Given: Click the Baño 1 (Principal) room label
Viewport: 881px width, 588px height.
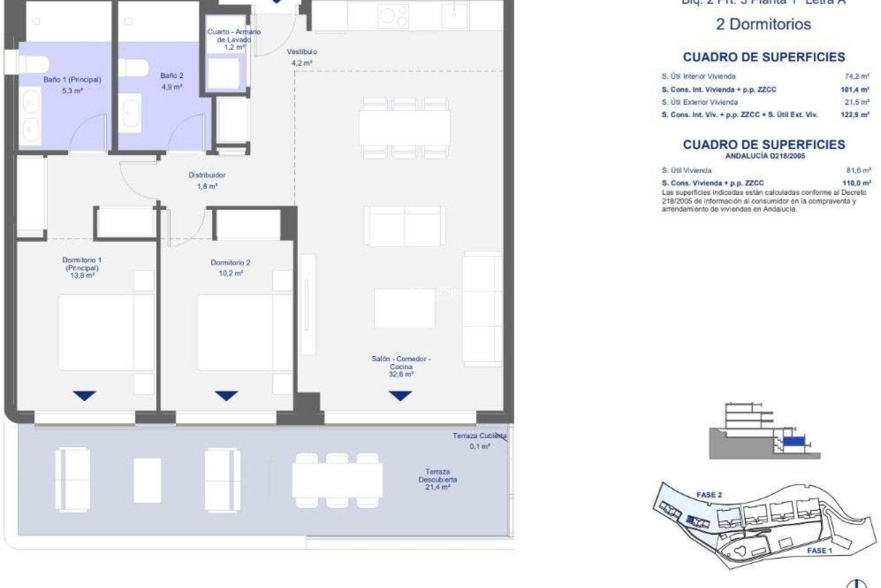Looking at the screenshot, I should (72, 79).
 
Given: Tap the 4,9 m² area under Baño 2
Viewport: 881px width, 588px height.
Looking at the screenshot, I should (172, 87).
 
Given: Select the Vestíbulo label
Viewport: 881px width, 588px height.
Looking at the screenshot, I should (301, 52).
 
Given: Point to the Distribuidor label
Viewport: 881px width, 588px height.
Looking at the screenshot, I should (207, 175).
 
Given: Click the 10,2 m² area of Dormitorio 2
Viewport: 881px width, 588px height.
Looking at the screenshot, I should (230, 273).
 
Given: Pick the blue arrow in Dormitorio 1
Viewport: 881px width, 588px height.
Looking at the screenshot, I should (84, 396).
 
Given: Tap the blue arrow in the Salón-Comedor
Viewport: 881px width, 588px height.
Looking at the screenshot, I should (400, 396).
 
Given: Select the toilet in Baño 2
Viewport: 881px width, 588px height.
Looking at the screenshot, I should (133, 68).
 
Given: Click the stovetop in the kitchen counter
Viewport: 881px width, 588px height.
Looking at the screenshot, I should (393, 17).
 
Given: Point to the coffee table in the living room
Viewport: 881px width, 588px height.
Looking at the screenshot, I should (404, 308).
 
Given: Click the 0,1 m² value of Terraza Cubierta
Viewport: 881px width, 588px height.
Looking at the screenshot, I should (480, 446).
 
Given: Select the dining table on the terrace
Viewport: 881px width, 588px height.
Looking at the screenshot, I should (337, 480).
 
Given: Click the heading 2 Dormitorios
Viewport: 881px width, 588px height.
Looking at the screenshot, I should (764, 24).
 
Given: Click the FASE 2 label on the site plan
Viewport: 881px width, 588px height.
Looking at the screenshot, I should (709, 495).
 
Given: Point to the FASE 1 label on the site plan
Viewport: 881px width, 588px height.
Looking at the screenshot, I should (820, 550).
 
